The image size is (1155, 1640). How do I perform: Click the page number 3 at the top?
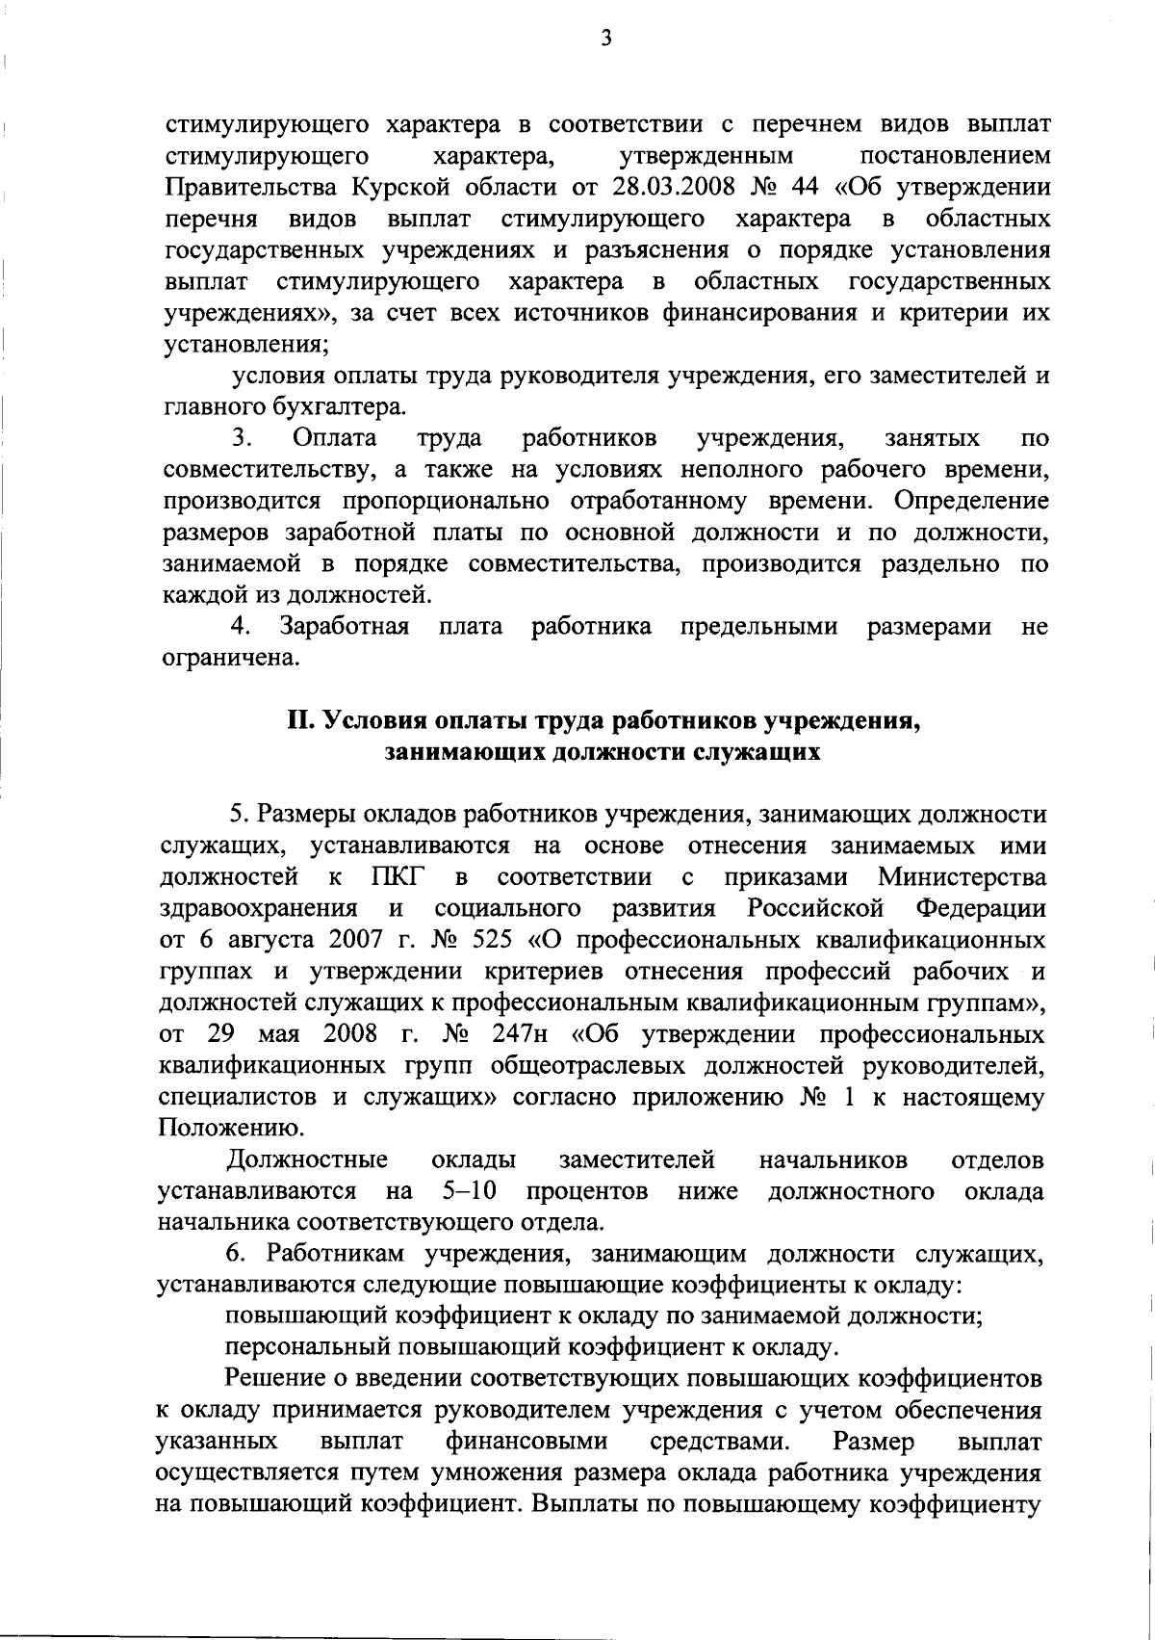tap(604, 39)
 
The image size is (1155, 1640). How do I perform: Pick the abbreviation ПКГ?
tap(396, 877)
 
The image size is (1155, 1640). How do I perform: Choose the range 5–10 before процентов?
tap(470, 1192)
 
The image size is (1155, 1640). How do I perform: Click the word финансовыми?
tap(527, 1442)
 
